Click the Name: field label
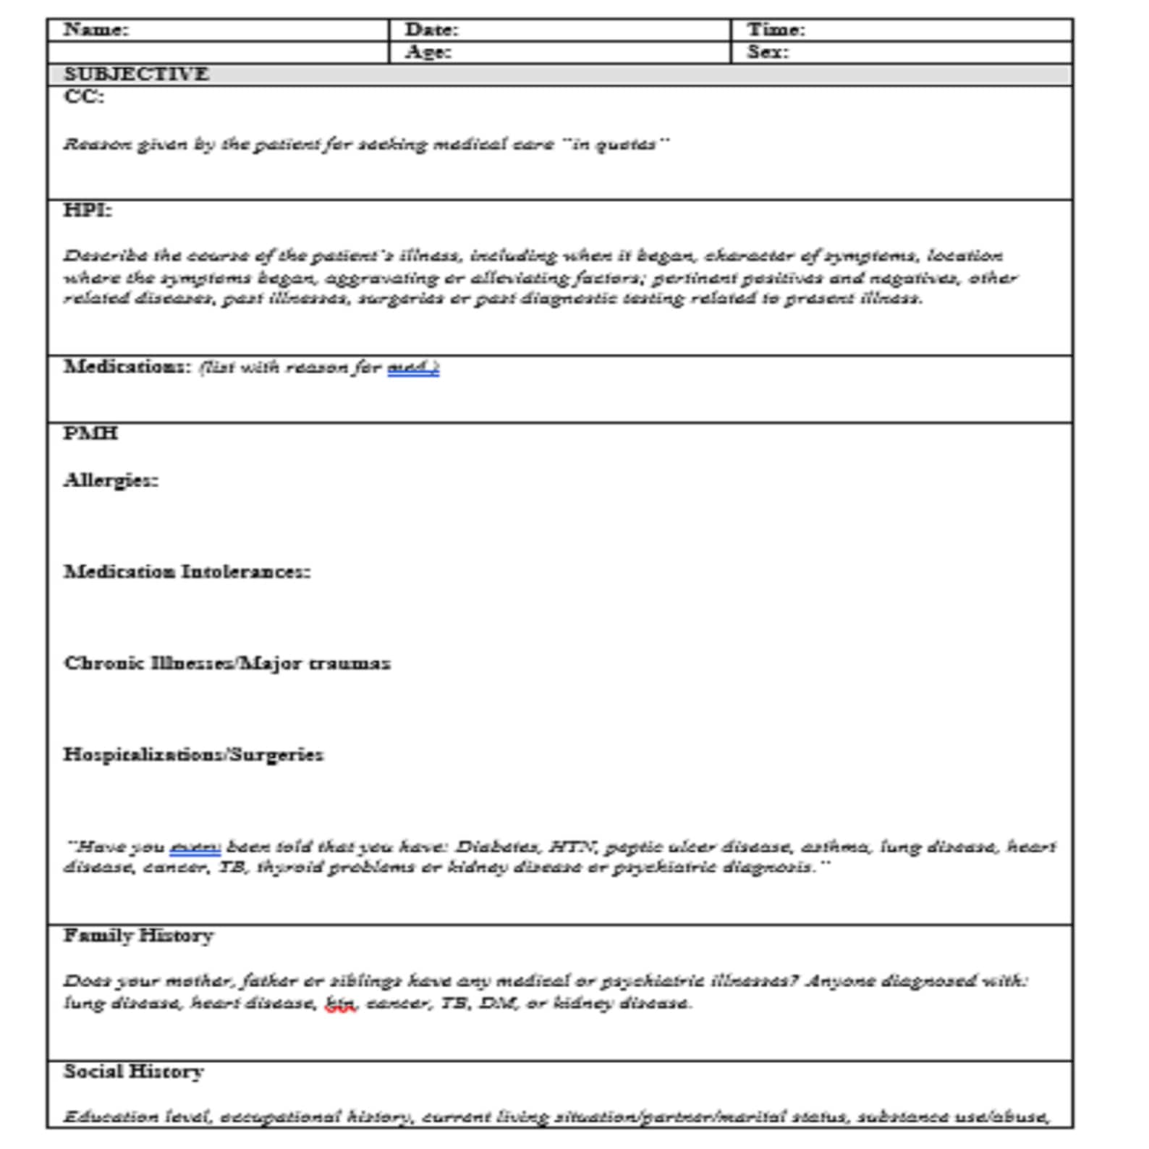click(96, 30)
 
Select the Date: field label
click(431, 30)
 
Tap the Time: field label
click(776, 30)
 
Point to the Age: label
click(428, 52)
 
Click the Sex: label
click(768, 52)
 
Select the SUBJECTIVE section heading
click(136, 74)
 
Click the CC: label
click(84, 96)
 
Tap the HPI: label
click(88, 210)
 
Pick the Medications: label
click(127, 366)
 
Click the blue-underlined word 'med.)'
click(413, 368)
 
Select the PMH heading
click(90, 433)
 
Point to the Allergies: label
click(111, 480)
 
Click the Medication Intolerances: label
click(187, 572)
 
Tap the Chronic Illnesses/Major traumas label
click(226, 663)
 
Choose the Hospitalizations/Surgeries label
click(193, 754)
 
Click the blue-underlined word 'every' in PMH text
click(195, 847)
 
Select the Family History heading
click(138, 936)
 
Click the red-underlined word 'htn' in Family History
click(340, 1004)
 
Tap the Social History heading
click(133, 1071)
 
